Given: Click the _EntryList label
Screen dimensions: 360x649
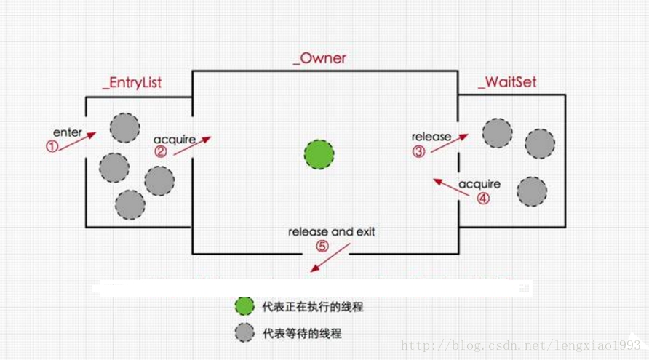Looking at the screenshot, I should [x=132, y=83].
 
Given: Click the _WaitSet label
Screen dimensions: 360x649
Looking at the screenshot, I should [x=507, y=81].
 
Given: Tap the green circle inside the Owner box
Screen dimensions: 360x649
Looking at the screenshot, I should [x=319, y=154].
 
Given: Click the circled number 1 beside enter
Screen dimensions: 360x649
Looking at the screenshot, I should [x=52, y=145].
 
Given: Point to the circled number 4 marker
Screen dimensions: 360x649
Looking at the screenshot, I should [x=484, y=197].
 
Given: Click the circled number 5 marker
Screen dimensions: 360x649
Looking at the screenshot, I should [x=322, y=246].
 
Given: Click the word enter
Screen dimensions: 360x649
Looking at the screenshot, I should [x=67, y=133].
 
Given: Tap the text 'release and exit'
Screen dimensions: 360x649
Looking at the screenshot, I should [x=332, y=232].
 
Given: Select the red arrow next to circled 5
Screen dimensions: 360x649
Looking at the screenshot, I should [x=330, y=259].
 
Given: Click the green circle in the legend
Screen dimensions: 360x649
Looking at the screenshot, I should [x=245, y=306].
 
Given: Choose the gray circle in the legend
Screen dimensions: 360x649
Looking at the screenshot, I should [x=245, y=333].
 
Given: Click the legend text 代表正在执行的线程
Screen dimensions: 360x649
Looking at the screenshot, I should [x=312, y=307].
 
